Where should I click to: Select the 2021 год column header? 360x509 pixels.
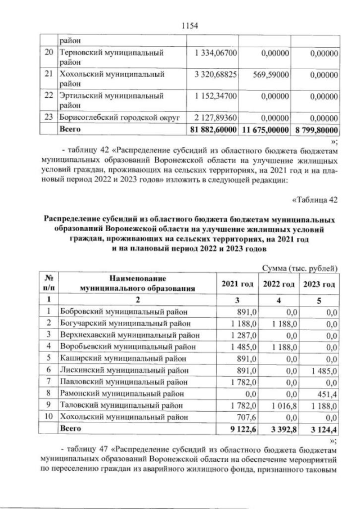[x=237, y=282]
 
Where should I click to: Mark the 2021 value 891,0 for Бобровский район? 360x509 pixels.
[x=247, y=311]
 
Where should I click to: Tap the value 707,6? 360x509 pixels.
[x=247, y=417]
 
